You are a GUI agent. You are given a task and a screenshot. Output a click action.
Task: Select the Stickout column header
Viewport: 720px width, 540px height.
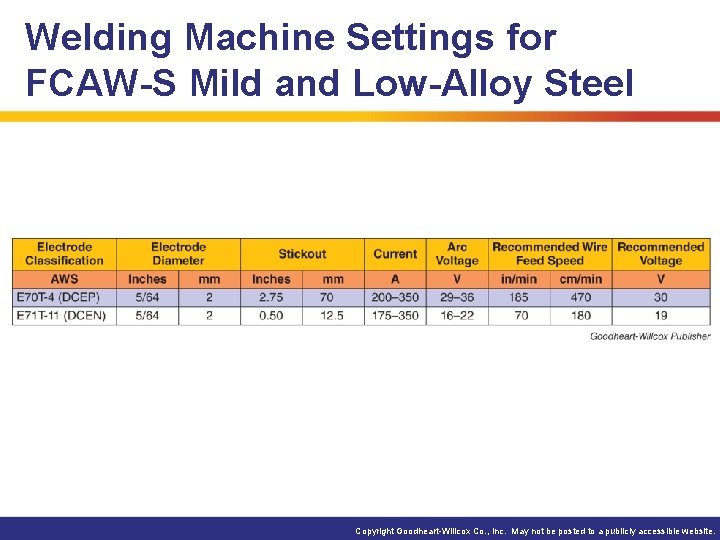click(x=302, y=254)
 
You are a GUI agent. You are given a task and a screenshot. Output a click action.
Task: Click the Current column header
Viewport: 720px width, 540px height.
click(x=395, y=254)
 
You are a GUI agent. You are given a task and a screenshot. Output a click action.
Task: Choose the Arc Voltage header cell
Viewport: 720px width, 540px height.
click(x=457, y=254)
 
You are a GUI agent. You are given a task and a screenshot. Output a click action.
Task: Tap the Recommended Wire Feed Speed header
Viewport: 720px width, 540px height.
click(x=549, y=254)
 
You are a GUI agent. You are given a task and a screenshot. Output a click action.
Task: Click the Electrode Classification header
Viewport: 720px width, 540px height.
click(x=64, y=254)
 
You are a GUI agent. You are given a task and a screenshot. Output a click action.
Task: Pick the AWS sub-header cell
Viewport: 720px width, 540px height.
click(x=64, y=279)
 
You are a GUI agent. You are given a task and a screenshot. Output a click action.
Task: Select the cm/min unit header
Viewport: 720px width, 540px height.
click(x=580, y=279)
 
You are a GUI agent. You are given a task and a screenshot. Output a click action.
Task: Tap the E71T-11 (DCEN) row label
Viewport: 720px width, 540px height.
click(x=61, y=315)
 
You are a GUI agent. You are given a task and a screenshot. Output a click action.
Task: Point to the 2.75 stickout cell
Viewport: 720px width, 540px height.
click(x=270, y=297)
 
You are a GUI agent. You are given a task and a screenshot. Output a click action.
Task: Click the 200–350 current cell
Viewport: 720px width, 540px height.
click(x=395, y=297)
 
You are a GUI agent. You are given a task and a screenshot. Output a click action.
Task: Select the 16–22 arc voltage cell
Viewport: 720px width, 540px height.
click(x=457, y=315)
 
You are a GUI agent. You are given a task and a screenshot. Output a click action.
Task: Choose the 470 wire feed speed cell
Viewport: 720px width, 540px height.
click(x=580, y=297)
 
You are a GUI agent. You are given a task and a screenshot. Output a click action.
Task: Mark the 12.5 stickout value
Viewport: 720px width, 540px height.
click(x=333, y=315)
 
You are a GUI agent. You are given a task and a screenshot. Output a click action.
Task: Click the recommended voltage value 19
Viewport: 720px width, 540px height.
click(x=660, y=315)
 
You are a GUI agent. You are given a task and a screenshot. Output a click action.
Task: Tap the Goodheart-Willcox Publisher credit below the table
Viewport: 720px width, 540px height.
click(x=650, y=336)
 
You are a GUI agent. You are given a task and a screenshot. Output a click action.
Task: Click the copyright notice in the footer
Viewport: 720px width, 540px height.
click(x=536, y=531)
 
